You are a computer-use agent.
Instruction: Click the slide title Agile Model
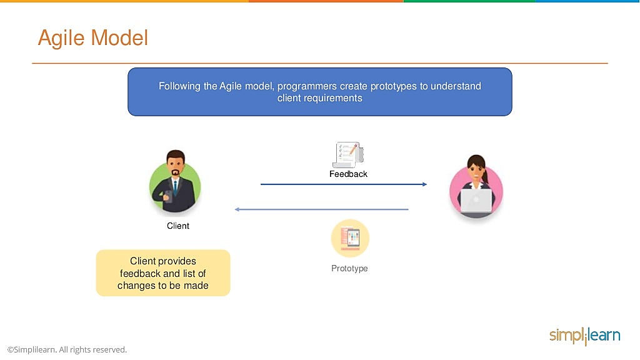[x=92, y=38]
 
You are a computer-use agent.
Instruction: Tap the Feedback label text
[x=348, y=174]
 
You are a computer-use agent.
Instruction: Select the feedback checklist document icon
[x=347, y=155]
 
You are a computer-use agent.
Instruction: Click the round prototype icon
[x=350, y=238]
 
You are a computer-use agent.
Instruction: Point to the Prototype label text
[x=349, y=269]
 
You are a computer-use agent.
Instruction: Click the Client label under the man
[x=178, y=226]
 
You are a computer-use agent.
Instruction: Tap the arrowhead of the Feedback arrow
[x=425, y=184]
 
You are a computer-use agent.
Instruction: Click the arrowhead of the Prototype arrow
[x=237, y=209]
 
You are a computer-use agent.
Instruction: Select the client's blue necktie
[x=175, y=187]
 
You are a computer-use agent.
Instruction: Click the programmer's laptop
[x=476, y=201]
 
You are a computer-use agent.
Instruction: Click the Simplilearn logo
[x=585, y=336]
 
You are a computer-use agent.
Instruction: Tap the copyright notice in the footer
[x=67, y=350]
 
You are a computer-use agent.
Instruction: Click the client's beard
[x=176, y=172]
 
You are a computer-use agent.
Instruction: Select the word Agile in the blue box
[x=231, y=86]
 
